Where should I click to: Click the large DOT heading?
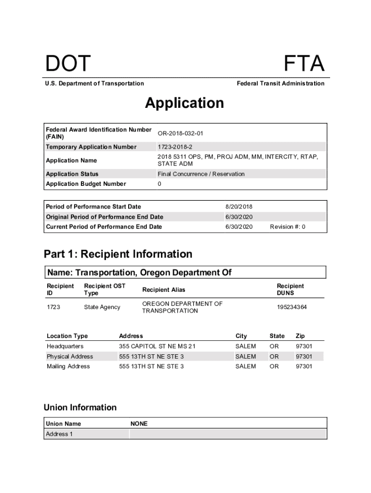coord(68,64)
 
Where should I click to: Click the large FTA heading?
coord(304,64)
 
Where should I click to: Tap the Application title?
coord(185,103)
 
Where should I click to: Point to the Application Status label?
coord(72,174)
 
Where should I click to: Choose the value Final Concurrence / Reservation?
coord(201,174)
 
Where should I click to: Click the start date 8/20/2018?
coord(239,207)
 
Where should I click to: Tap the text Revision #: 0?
coord(288,227)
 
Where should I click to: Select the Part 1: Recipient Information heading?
coord(118,254)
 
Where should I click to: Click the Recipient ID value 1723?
coord(53,307)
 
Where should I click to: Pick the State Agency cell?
coord(102,307)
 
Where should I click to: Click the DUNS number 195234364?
coord(291,307)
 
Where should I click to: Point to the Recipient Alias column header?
coord(163,289)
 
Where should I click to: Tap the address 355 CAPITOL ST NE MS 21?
coord(158,346)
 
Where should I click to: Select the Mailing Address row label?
coord(68,366)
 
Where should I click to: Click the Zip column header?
coord(300,336)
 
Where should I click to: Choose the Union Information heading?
coord(80,407)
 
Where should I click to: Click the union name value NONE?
coord(139,424)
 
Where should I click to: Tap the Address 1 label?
coord(59,434)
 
